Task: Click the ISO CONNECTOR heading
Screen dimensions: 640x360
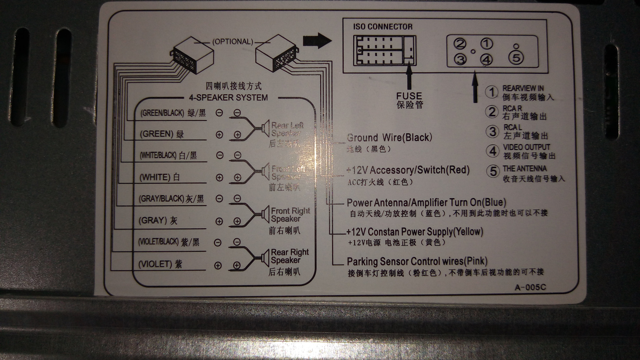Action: pyautogui.click(x=383, y=27)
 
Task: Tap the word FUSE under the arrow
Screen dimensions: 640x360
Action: pyautogui.click(x=409, y=96)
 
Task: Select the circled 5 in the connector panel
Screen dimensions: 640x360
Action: pyautogui.click(x=516, y=58)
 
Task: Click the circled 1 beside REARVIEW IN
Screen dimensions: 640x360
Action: pyautogui.click(x=492, y=92)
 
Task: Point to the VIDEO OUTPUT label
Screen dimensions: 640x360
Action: pyautogui.click(x=526, y=147)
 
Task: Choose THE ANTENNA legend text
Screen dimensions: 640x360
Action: pyautogui.click(x=524, y=168)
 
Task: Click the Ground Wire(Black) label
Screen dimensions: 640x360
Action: pyautogui.click(x=389, y=137)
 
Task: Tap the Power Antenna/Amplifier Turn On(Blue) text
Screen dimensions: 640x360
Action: pyautogui.click(x=426, y=202)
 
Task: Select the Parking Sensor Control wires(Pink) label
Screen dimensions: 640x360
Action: pyautogui.click(x=417, y=261)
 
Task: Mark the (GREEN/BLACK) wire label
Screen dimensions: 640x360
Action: pyautogui.click(x=162, y=113)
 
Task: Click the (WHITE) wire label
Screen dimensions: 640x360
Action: pyautogui.click(x=155, y=177)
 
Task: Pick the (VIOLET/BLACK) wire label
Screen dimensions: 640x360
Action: pyautogui.click(x=158, y=242)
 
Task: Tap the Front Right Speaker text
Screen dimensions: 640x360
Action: pyautogui.click(x=290, y=215)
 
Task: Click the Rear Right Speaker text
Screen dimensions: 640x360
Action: pyautogui.click(x=289, y=256)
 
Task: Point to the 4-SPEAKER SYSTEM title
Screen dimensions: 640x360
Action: pyautogui.click(x=228, y=98)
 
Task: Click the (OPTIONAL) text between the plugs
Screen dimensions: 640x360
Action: pyautogui.click(x=233, y=42)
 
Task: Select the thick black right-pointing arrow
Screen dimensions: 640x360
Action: pyautogui.click(x=317, y=41)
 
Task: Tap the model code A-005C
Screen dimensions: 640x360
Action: pyautogui.click(x=530, y=287)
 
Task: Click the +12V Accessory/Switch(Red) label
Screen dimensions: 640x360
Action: pyautogui.click(x=408, y=170)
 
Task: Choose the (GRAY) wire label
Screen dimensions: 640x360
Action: pyautogui.click(x=153, y=220)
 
